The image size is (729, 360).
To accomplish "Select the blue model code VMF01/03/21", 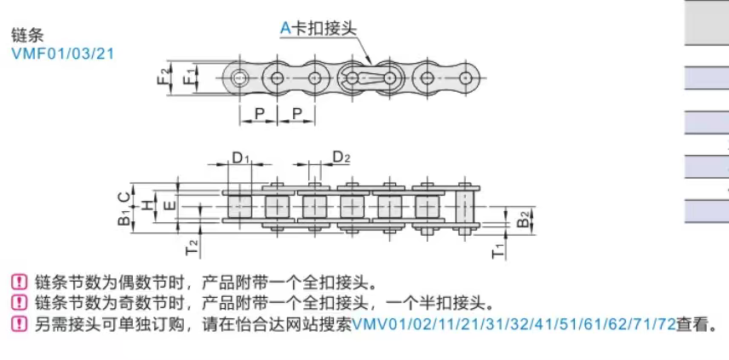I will click(x=62, y=54).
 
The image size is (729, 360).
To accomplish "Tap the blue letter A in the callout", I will click(x=286, y=27).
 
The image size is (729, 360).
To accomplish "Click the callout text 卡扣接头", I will click(x=324, y=27).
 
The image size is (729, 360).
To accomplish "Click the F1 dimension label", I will click(x=189, y=77).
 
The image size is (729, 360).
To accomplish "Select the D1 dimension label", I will click(x=241, y=157).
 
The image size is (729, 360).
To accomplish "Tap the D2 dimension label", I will click(x=341, y=157).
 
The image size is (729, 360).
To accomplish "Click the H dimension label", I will click(x=147, y=204).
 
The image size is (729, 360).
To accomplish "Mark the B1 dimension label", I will click(x=124, y=218).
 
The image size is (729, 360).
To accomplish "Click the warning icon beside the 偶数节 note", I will click(x=19, y=282).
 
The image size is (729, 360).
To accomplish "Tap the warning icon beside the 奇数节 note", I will click(x=19, y=302).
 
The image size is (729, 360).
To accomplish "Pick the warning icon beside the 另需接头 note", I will click(x=19, y=323).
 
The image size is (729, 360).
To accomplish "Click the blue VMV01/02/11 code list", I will click(x=514, y=323).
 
